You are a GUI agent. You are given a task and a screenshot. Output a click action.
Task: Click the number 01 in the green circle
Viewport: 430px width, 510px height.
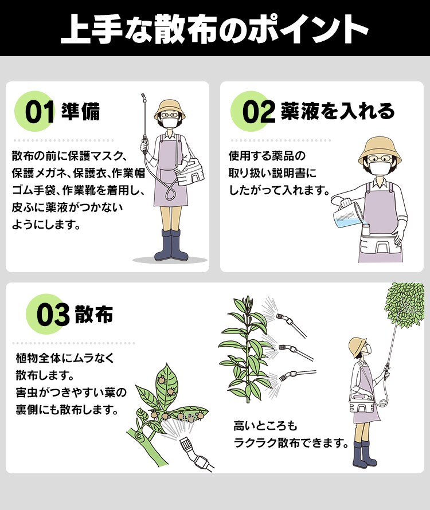tap(40, 112)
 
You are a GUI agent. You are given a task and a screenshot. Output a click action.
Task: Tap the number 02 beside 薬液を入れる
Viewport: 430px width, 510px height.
tap(259, 112)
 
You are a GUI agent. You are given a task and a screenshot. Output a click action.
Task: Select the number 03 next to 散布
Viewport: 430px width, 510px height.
tap(53, 315)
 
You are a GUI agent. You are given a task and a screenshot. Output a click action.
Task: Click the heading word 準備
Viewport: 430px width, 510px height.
tap(80, 112)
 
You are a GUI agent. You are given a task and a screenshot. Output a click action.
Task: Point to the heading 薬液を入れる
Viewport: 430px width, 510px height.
tap(338, 111)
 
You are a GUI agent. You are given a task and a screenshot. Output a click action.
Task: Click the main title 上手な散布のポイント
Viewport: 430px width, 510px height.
tap(214, 29)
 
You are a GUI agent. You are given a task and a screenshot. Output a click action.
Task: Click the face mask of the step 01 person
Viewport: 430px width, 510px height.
tap(170, 123)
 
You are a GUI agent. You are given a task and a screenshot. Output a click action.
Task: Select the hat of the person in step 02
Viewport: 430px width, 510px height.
tap(380, 151)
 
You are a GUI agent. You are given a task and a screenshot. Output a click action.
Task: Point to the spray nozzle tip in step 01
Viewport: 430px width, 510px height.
tap(143, 97)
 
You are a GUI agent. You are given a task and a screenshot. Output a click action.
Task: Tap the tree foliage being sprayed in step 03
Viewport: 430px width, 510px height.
tap(405, 304)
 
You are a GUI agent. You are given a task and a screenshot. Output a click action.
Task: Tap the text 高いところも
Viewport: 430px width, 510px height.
tap(265, 426)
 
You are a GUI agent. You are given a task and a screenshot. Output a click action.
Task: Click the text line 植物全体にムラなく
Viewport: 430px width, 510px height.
tap(65, 358)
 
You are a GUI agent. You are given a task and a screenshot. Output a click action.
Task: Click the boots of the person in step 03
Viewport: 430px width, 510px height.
tap(364, 454)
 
